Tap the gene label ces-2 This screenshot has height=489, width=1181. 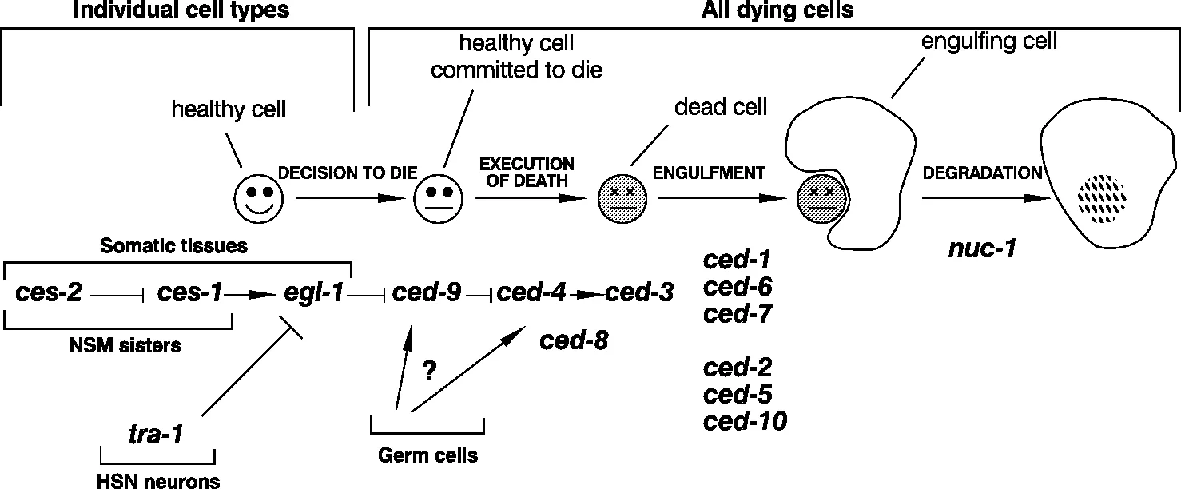[x=49, y=293]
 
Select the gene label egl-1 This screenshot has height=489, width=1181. [x=314, y=293]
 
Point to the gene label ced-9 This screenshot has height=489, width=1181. [x=432, y=293]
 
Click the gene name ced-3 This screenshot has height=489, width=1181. [x=639, y=293]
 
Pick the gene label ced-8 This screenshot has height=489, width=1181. [x=574, y=341]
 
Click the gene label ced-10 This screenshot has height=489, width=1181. [x=745, y=421]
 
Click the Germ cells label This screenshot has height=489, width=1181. [x=428, y=456]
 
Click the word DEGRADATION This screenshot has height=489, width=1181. [x=982, y=173]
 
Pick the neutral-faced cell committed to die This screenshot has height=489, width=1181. [x=436, y=201]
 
